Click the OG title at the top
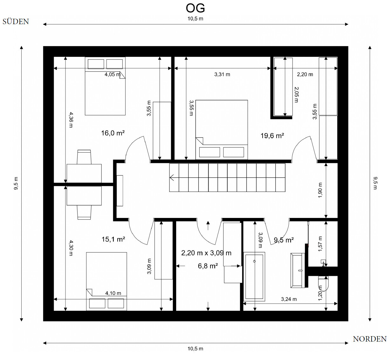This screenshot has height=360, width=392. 195,8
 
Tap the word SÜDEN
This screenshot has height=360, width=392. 16,21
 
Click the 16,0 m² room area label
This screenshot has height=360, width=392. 113,133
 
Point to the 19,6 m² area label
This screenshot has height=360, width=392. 272,136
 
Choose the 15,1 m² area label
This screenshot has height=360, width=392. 113,239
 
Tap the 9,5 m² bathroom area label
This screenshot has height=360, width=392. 284,240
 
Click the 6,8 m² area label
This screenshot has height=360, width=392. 208,266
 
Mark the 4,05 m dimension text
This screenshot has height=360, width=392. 112,74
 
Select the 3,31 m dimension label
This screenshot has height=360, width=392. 222,74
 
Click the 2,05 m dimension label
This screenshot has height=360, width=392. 296,95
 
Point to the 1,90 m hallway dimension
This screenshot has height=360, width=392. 320,190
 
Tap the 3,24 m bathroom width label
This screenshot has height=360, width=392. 289,299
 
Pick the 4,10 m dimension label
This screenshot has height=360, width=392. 113,293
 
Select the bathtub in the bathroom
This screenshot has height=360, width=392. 254,276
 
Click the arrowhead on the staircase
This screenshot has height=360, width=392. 172,178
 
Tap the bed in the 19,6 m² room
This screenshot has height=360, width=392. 222,130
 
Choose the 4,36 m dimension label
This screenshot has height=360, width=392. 71,120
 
